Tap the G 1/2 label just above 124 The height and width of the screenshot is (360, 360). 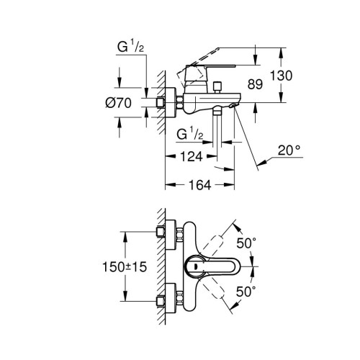tap(192, 135)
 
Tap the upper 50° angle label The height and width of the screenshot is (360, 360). tap(247, 243)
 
